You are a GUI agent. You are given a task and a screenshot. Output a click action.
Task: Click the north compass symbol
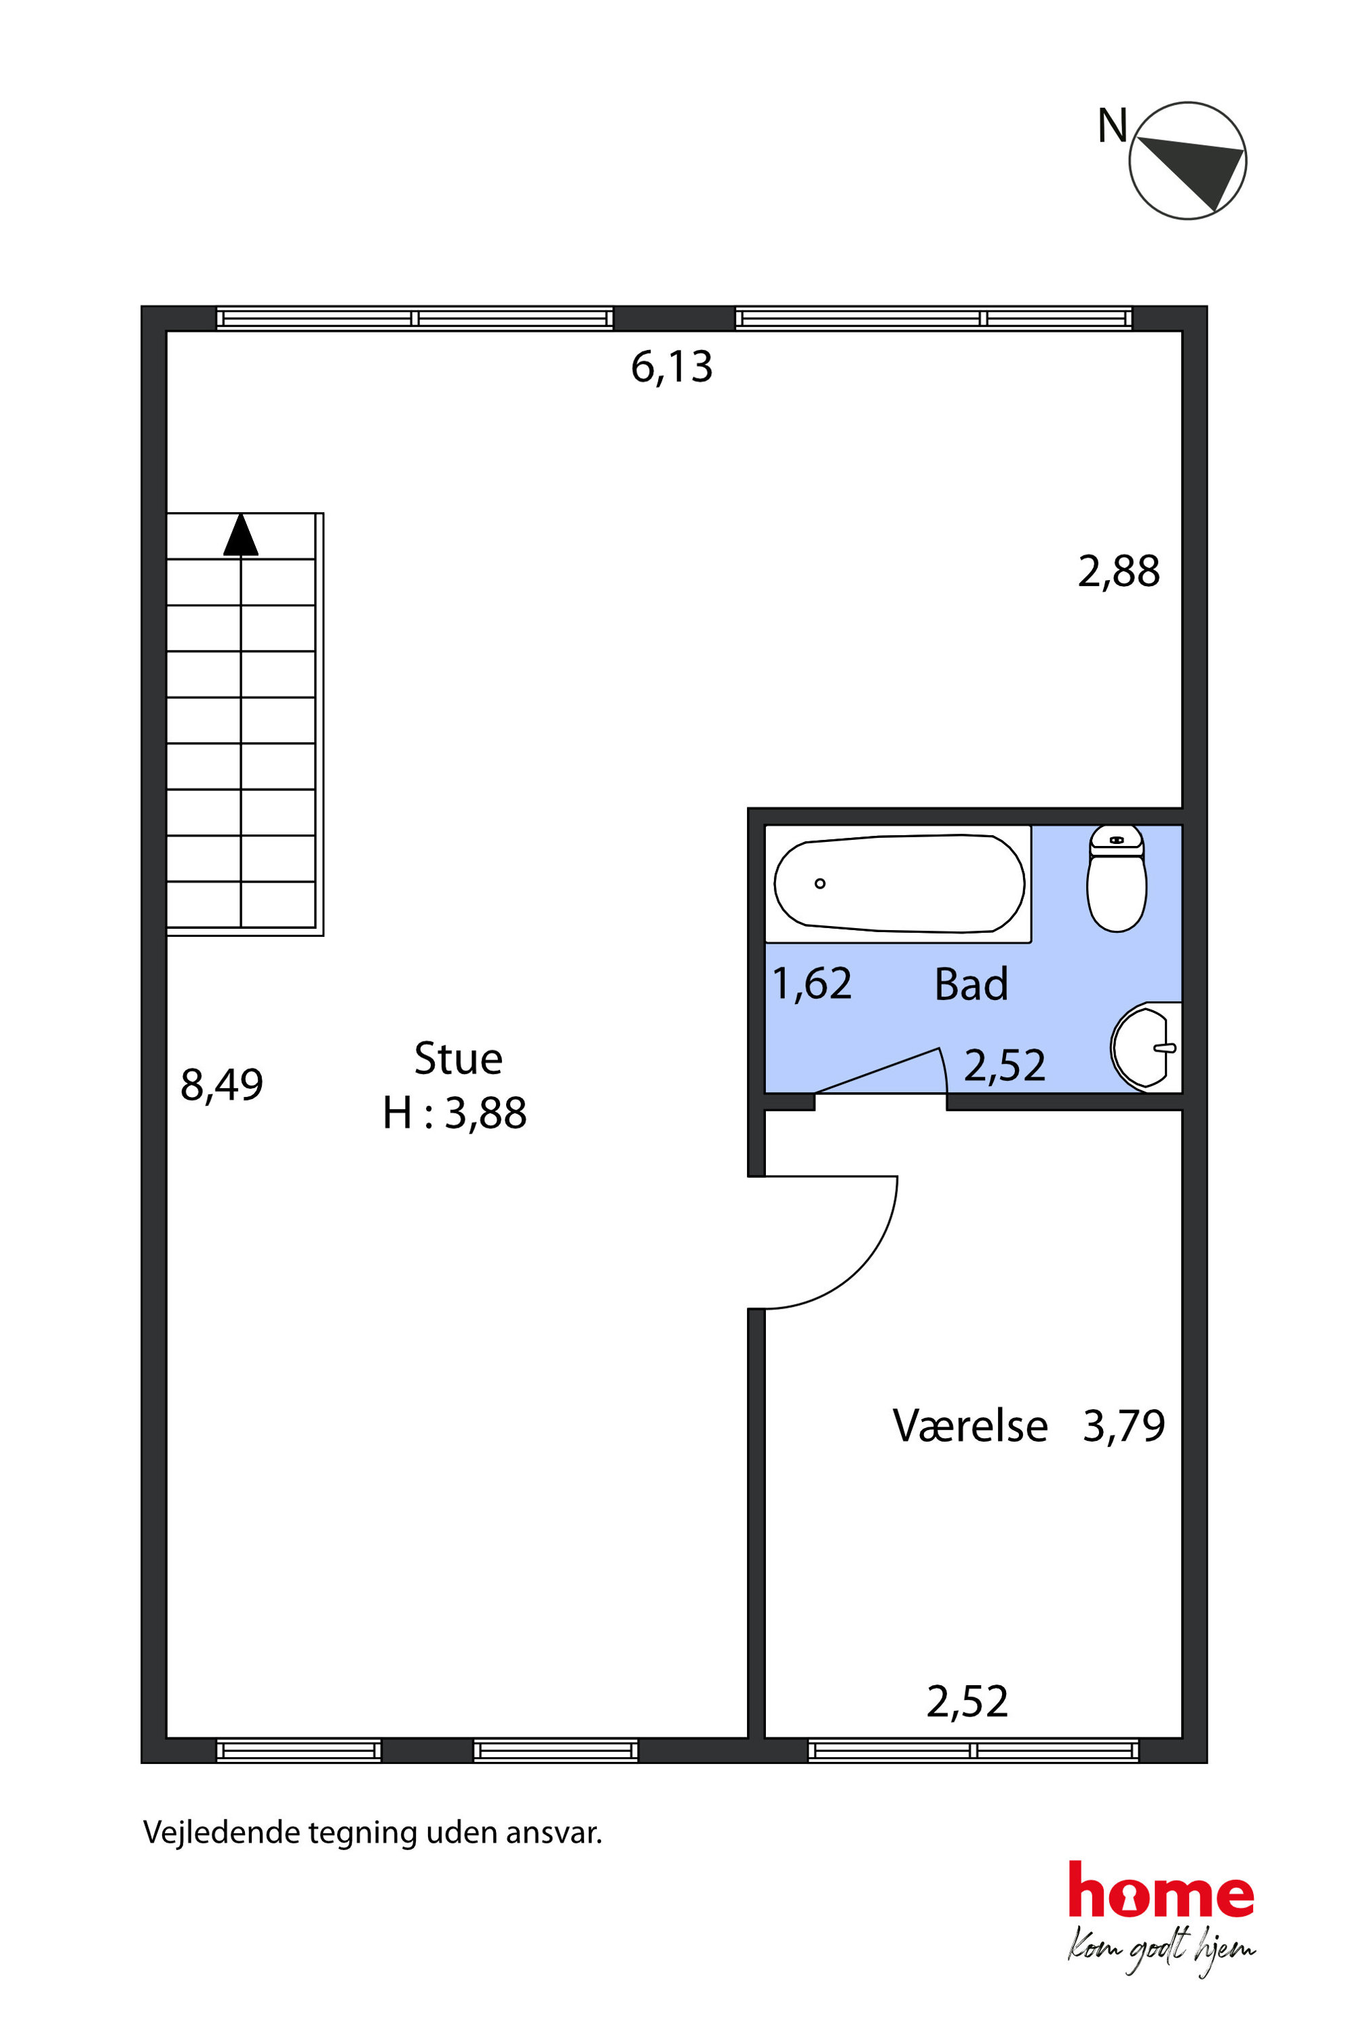1187,161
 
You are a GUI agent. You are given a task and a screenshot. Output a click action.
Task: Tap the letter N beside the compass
1113,126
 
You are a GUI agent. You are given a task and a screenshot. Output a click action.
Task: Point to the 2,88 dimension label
1119,572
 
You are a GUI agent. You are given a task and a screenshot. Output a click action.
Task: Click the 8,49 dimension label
221,1084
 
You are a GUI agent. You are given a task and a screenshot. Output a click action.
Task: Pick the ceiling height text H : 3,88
454,1113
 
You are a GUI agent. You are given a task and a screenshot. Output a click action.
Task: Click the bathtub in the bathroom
899,883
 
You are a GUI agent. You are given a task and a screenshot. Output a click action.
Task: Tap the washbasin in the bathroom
1145,1047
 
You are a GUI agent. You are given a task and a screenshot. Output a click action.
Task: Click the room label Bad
971,984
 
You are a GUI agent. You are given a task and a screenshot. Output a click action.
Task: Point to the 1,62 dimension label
812,984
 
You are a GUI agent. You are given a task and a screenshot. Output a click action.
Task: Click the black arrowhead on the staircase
242,534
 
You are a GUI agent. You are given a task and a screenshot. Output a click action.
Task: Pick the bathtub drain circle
820,883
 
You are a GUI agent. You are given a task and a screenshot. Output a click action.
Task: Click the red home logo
1161,1889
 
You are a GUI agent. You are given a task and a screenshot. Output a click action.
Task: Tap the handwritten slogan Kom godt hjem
1161,1948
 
